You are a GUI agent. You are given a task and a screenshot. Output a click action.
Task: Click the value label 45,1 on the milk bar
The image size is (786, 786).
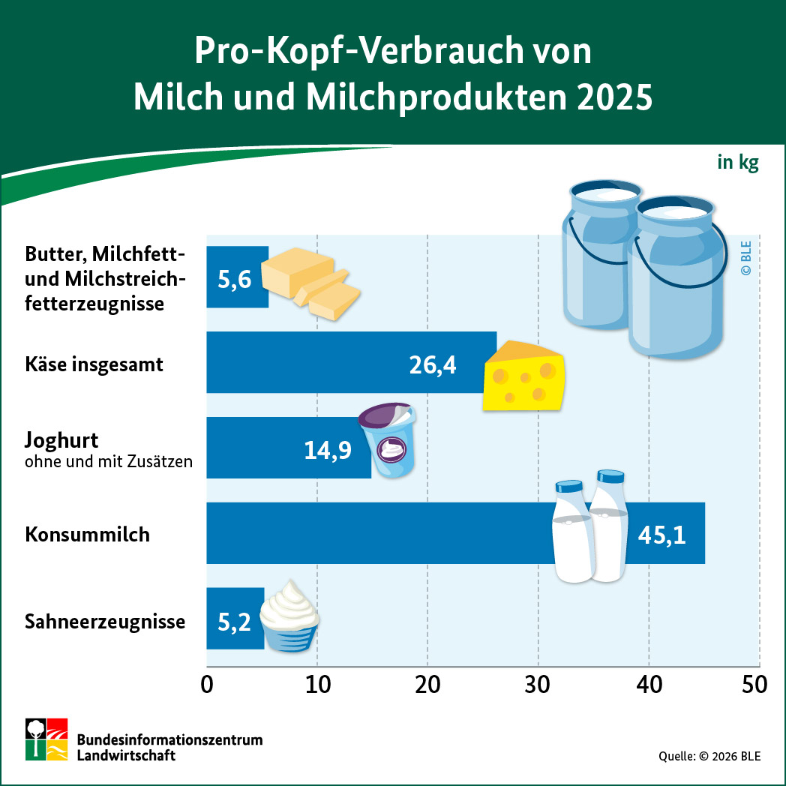[x=661, y=534]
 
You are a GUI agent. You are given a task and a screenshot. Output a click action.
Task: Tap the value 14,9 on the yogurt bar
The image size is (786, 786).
[x=328, y=449]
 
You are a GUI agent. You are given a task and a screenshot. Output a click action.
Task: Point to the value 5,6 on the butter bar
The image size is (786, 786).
[x=233, y=278]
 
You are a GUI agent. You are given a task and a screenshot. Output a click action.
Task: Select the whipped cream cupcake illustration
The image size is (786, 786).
[x=289, y=616]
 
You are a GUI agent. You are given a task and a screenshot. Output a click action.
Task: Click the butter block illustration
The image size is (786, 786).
[x=307, y=283]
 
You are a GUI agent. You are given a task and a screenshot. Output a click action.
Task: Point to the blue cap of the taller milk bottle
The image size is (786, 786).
[x=610, y=475]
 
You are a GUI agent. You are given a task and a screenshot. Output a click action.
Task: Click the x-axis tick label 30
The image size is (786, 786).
[x=538, y=685]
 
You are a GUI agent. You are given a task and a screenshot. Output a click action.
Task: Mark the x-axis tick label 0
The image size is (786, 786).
[x=207, y=685]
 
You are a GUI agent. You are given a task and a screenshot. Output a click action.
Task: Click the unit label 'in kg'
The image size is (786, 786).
[x=737, y=162]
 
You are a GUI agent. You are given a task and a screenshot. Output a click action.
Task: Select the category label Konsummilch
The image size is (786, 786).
[x=87, y=535]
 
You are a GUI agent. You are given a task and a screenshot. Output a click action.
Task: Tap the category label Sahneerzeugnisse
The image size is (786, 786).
[x=104, y=622]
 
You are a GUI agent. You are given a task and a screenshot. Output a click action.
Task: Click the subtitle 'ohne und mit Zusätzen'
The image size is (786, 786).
[x=108, y=461]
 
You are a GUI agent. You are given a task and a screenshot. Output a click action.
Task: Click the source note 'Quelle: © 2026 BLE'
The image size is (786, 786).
[x=709, y=756]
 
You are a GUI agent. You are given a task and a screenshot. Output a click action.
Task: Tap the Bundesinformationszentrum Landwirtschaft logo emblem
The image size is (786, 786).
[x=47, y=739]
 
